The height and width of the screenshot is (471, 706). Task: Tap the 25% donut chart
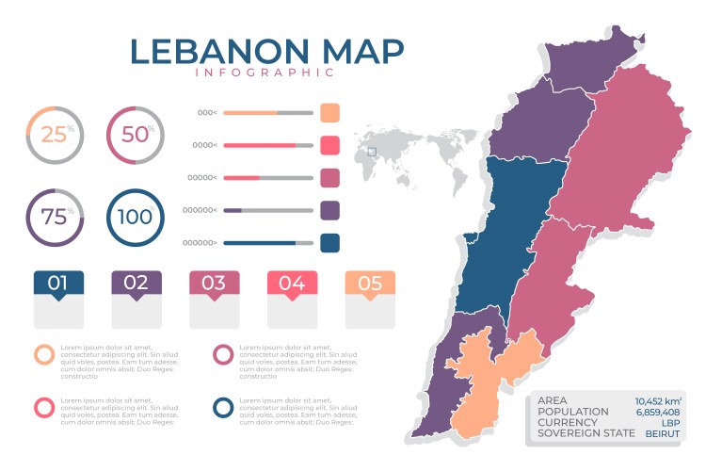(x=56, y=135)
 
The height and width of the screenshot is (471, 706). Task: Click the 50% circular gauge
(x=136, y=135)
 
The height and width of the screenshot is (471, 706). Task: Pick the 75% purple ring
(x=56, y=216)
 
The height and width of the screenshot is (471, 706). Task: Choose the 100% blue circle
(x=136, y=216)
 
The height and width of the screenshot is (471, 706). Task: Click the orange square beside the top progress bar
(x=329, y=113)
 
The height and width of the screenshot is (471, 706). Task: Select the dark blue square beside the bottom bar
(x=329, y=243)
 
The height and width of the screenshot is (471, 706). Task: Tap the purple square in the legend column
(x=329, y=210)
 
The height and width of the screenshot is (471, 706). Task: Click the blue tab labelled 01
(x=58, y=283)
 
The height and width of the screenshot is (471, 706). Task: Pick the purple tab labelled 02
(x=136, y=283)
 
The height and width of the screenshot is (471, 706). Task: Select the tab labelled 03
(x=214, y=283)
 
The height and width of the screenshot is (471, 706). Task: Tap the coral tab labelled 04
(x=292, y=283)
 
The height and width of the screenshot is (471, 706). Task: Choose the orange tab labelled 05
(x=370, y=283)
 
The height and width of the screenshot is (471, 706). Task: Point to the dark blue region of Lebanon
(x=513, y=235)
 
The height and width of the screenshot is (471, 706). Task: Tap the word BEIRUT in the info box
(x=663, y=434)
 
